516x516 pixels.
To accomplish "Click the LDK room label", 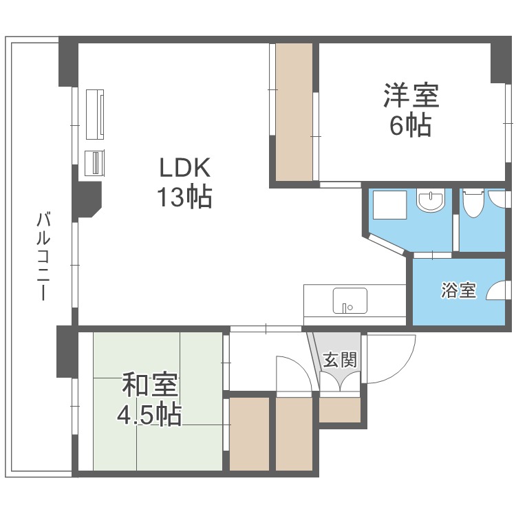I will point(184,168).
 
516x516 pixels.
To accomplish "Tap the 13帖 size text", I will point(184,197).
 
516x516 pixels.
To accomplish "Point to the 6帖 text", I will point(411,127).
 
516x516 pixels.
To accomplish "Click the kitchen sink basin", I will point(350,301).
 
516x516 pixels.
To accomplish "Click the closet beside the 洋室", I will point(294,112).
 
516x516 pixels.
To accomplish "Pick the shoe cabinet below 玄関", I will point(340,410).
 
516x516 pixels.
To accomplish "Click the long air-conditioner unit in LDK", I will point(95,114).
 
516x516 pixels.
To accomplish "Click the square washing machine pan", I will point(388,204).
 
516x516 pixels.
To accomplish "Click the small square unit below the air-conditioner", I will point(94,163).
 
